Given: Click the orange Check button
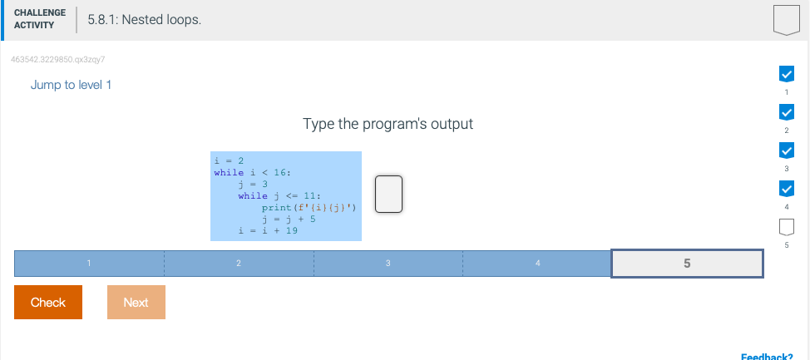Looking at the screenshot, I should pos(48,302).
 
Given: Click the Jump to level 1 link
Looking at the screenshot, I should pos(71,85).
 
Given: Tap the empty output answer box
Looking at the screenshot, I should pos(388,194).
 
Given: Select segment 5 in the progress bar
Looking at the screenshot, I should pos(687,263).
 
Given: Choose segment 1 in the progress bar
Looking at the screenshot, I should pos(89,264).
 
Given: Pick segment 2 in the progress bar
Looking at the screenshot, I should pos(239,264).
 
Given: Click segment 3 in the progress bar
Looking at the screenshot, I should pos(388,264).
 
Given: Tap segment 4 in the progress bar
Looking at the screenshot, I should pos(537,264).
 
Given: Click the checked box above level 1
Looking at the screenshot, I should pos(785,73).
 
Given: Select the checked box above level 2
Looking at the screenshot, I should pos(785,112).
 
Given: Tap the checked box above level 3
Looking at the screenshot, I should pos(785,150).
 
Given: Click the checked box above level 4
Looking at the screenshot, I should pos(785,189).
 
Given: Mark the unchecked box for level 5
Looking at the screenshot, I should pos(785,226).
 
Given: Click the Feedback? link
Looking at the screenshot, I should pos(766,356).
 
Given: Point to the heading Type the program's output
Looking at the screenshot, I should pos(388,124).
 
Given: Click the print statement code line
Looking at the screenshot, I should pos(309,207).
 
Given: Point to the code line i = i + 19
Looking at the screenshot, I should pos(268,230).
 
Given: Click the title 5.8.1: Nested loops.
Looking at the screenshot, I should pos(144,19).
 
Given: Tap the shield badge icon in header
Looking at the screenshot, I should pos(786,19).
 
